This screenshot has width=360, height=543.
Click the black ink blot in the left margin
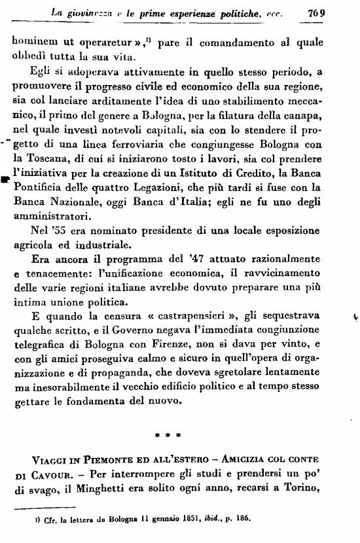click(5, 177)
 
